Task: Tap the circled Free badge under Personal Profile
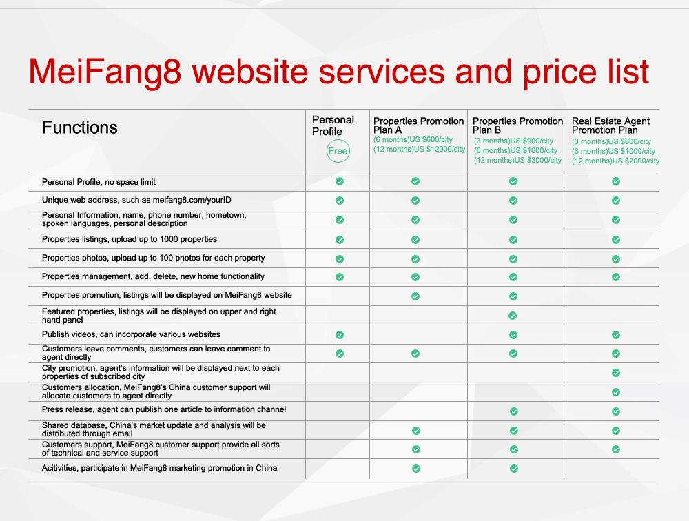pos(338,151)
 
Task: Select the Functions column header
pos(79,127)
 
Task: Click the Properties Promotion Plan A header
pos(418,125)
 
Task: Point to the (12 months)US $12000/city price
pos(419,149)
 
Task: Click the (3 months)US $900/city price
pos(513,141)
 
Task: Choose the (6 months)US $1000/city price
pos(613,151)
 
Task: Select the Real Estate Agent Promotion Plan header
pos(610,125)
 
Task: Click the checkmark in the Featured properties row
pos(513,316)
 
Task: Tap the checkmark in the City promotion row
pos(616,373)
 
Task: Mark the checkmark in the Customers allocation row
pos(616,392)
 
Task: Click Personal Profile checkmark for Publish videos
pos(340,335)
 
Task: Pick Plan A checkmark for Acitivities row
pos(416,469)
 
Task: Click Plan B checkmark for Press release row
pos(514,411)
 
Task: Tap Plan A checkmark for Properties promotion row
pos(415,296)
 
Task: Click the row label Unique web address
pos(136,200)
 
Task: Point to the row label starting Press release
pos(164,409)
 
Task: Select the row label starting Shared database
pos(154,429)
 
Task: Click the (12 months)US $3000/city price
pos(517,160)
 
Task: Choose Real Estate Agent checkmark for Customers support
pos(616,449)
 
